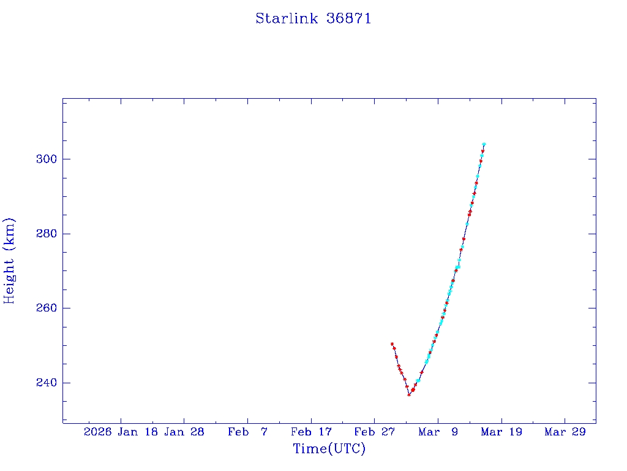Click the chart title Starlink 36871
tap(313, 18)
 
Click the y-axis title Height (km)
tap(9, 260)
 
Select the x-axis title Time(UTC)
tap(329, 449)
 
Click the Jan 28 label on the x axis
tap(184, 432)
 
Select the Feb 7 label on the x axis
tap(247, 432)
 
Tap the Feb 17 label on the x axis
tap(311, 432)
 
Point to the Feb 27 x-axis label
tap(374, 432)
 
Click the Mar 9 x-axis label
tap(438, 432)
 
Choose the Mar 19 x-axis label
tap(501, 432)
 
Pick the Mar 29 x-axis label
tap(565, 432)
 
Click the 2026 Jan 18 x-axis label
tap(120, 432)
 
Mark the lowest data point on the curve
tap(409, 394)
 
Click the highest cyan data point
tap(484, 144)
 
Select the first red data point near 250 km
tap(392, 344)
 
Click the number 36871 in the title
tap(349, 18)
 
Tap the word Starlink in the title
tap(287, 18)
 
